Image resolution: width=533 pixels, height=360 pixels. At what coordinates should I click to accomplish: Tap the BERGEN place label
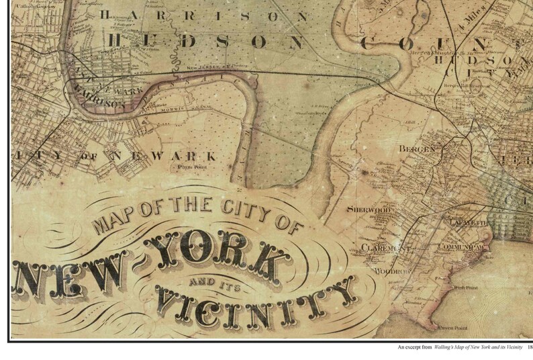[417, 148]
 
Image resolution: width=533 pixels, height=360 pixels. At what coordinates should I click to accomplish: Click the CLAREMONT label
[385, 247]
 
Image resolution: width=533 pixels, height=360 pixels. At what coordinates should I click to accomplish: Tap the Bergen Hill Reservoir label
[467, 86]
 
